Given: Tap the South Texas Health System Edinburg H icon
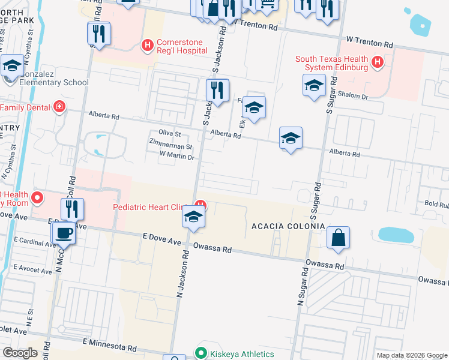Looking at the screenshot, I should point(378,62).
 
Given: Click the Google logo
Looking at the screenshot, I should point(20,353).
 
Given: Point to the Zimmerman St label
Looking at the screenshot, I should point(170,146).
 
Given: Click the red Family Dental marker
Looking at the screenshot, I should point(59,107).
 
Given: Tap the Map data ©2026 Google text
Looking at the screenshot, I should point(411,355).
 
